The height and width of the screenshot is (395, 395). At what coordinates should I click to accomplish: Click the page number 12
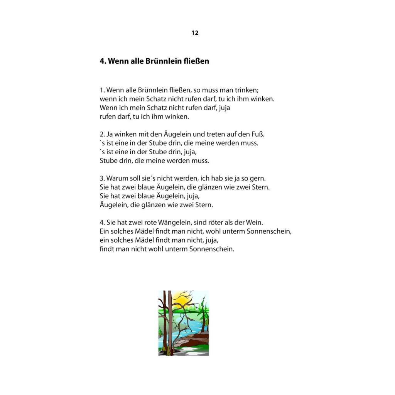[x=195, y=33]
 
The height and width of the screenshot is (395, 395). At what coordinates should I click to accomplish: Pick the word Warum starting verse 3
[x=116, y=179]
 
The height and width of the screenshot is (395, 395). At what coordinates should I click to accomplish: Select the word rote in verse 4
[x=139, y=223]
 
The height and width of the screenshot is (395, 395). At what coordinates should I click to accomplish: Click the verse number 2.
[x=102, y=134]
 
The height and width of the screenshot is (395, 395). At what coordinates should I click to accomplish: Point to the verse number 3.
[x=102, y=179]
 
